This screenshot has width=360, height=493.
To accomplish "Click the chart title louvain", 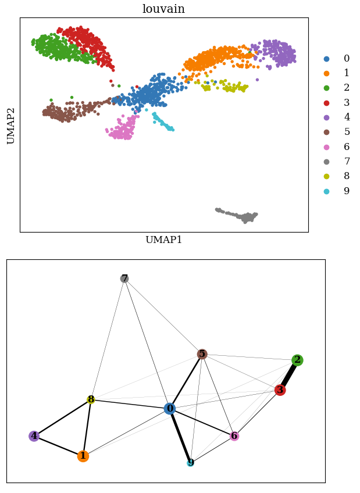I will click(163, 9).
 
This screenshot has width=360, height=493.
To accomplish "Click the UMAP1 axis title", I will click(163, 240).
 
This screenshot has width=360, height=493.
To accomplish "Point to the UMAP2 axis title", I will click(11, 125).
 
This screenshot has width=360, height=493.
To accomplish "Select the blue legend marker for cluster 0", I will click(326, 59).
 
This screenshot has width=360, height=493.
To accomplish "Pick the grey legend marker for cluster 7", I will click(326, 162).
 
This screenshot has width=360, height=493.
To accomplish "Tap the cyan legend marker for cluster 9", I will click(326, 191).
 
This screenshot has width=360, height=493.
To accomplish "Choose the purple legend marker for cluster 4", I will click(326, 117).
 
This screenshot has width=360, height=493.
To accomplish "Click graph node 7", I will click(124, 278).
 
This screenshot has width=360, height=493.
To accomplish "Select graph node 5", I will click(202, 354).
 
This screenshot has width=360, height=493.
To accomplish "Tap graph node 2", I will click(297, 360).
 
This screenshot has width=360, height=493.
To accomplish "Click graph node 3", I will click(280, 390).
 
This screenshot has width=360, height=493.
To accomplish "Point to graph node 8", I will click(91, 400).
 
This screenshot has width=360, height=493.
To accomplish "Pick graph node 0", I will click(170, 409).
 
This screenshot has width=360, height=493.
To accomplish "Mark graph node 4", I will click(34, 436).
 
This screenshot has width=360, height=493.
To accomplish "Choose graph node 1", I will click(83, 456).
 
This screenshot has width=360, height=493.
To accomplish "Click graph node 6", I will click(234, 436).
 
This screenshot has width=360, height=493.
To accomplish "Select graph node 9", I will click(191, 463).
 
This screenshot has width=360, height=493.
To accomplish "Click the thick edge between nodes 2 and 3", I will click(289, 375).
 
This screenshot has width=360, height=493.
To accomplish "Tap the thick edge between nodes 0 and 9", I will click(180, 436).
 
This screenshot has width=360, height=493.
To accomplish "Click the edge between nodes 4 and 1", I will click(59, 446).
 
